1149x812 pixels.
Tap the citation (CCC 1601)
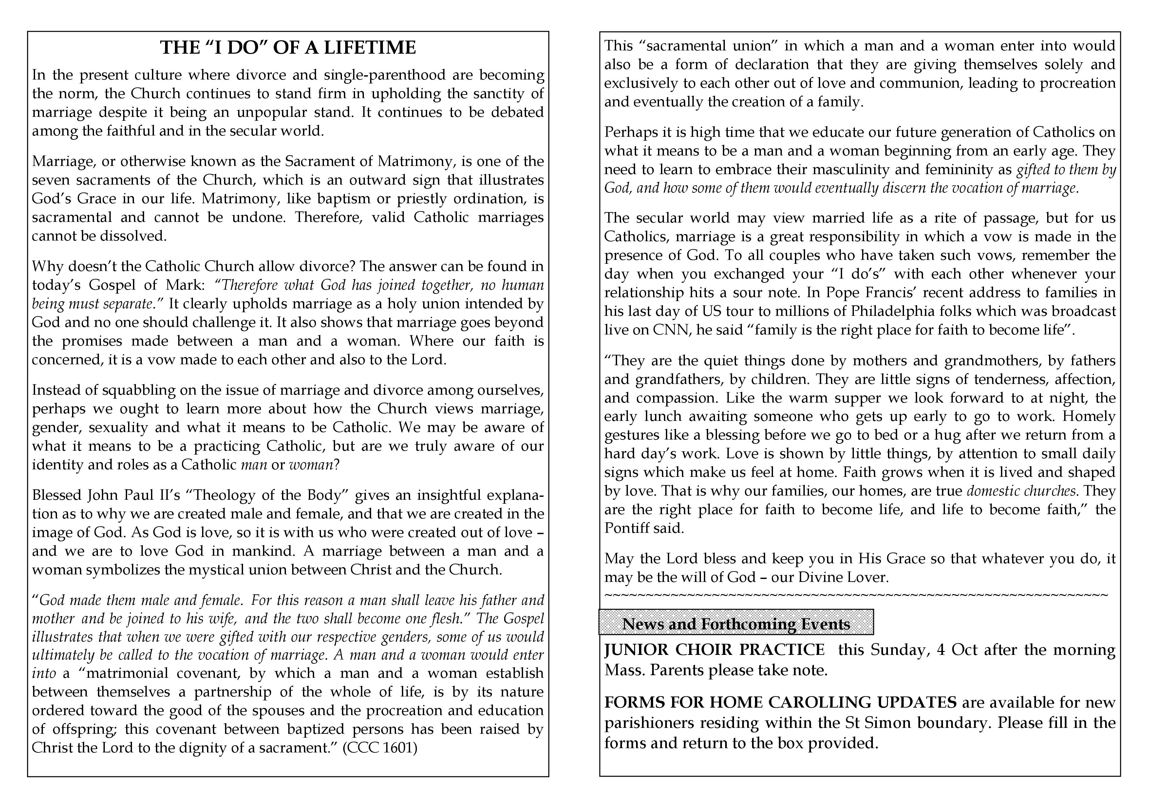[x=380, y=748]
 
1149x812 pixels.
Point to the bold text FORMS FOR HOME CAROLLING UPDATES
[x=780, y=702]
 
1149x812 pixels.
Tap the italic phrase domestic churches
[x=1021, y=491]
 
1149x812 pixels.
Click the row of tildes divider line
[x=856, y=595]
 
